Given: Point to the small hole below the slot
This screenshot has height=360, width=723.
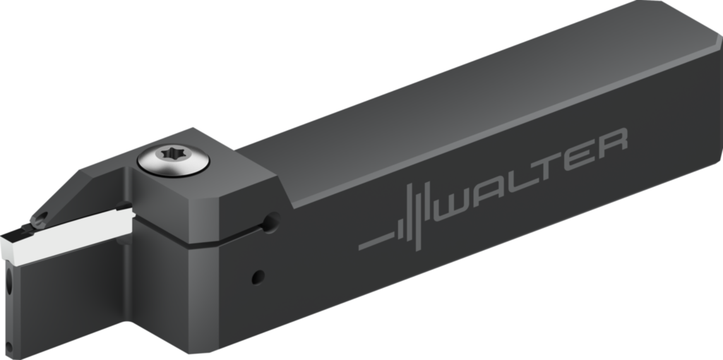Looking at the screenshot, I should (258, 276).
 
